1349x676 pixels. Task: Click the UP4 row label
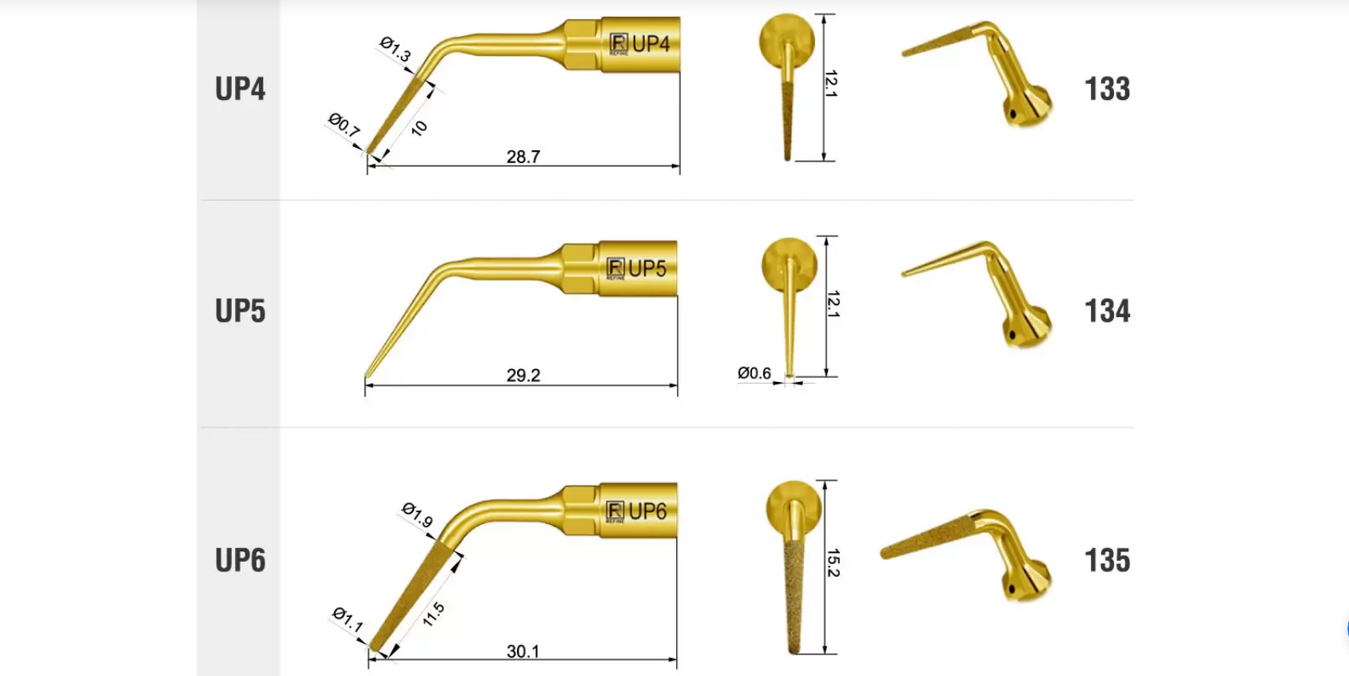point(240,89)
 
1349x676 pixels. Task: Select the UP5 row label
point(240,311)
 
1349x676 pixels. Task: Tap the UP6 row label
point(240,560)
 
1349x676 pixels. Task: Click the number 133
point(1107,89)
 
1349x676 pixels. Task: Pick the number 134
point(1107,311)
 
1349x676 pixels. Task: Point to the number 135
point(1107,560)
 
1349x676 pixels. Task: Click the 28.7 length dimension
point(523,157)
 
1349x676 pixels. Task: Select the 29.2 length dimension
point(523,375)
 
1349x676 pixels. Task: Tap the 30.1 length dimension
point(523,650)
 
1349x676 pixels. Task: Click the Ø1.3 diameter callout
point(396,50)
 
